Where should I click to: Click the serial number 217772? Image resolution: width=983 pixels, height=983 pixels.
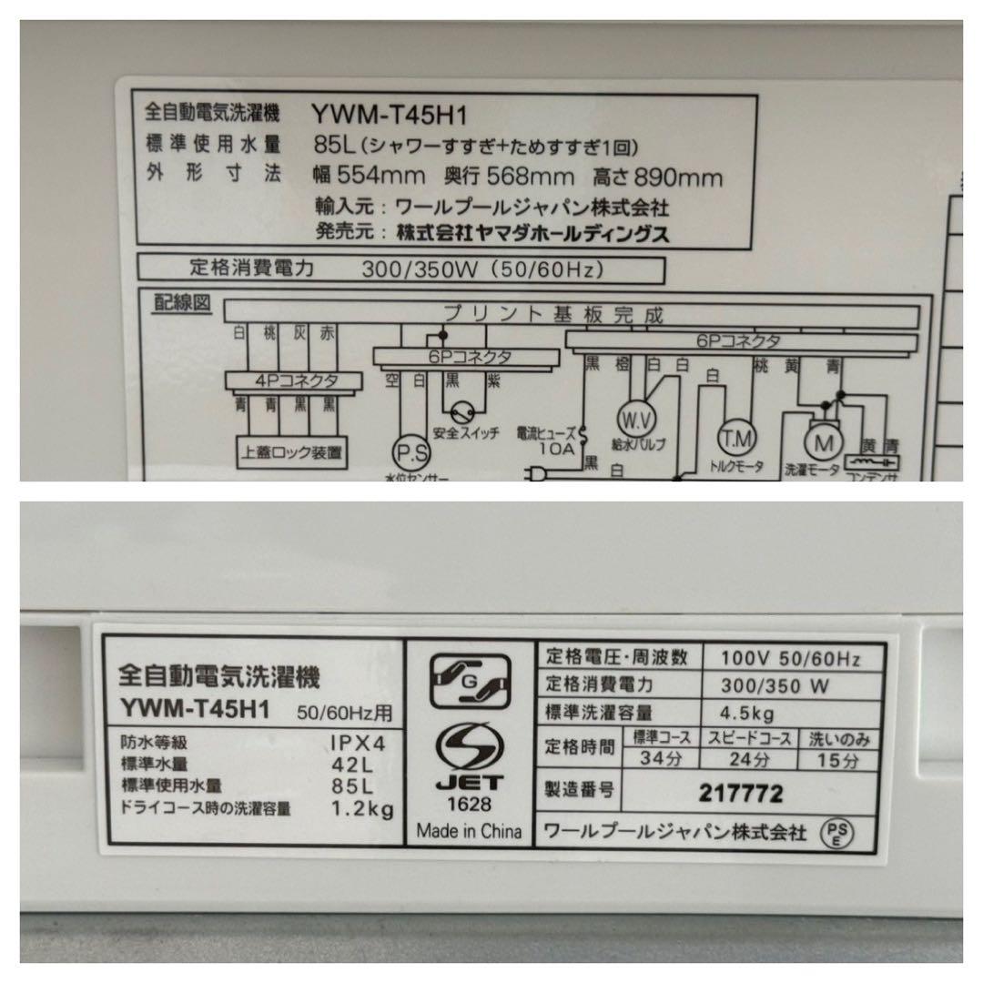click(741, 794)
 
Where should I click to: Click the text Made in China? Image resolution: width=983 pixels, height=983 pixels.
click(469, 831)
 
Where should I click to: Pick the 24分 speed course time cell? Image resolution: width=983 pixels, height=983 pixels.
click(749, 759)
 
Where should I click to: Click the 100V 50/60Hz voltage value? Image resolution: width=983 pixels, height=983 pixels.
click(789, 657)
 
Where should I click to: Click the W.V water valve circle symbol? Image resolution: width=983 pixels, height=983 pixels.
click(637, 420)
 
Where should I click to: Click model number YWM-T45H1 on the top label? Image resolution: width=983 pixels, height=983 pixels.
click(389, 115)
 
